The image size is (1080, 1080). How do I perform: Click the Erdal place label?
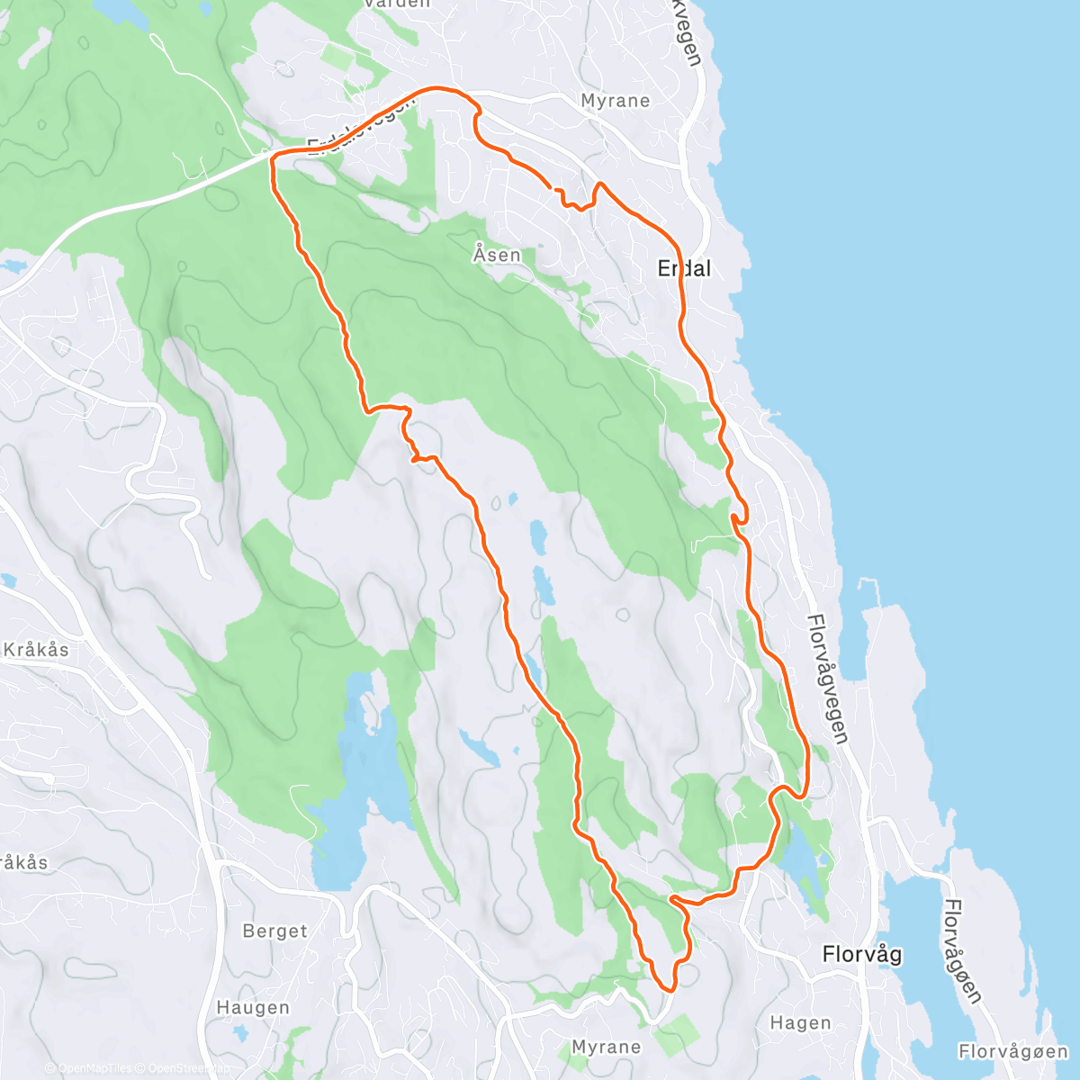pyautogui.click(x=684, y=268)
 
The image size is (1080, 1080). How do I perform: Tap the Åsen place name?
pyautogui.click(x=497, y=255)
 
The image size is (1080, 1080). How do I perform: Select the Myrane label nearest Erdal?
pyautogui.click(x=616, y=101)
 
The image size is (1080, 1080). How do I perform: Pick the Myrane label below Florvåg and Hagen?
pyautogui.click(x=607, y=1048)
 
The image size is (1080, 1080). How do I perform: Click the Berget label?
pyautogui.click(x=274, y=931)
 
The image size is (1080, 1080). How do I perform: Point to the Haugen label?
pyautogui.click(x=253, y=1008)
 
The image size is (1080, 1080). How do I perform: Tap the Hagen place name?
pyautogui.click(x=801, y=1023)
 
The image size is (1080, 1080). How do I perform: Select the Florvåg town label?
pyautogui.click(x=862, y=954)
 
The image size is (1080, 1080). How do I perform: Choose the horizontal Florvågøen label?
pyautogui.click(x=1012, y=1051)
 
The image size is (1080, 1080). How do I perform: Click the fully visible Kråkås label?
pyautogui.click(x=36, y=650)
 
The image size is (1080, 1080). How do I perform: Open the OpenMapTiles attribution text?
pyautogui.click(x=94, y=1069)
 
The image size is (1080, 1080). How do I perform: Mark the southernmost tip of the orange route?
pyautogui.click(x=670, y=989)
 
